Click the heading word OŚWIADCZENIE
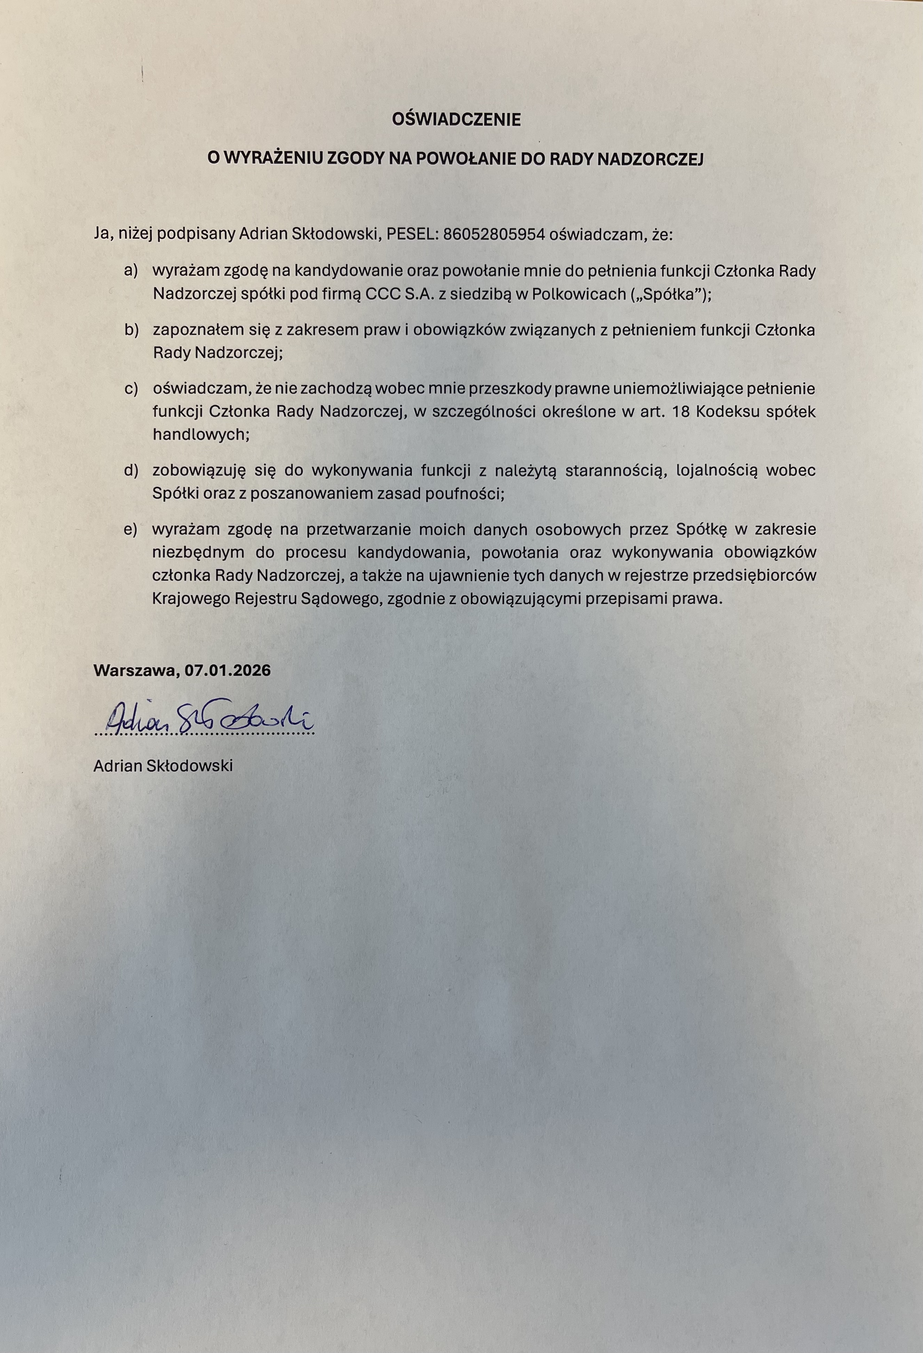click(456, 120)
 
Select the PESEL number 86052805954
click(494, 234)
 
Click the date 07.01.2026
click(228, 670)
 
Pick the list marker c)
click(131, 388)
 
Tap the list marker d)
click(131, 470)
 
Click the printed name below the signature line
click(163, 765)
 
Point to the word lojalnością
click(717, 470)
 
